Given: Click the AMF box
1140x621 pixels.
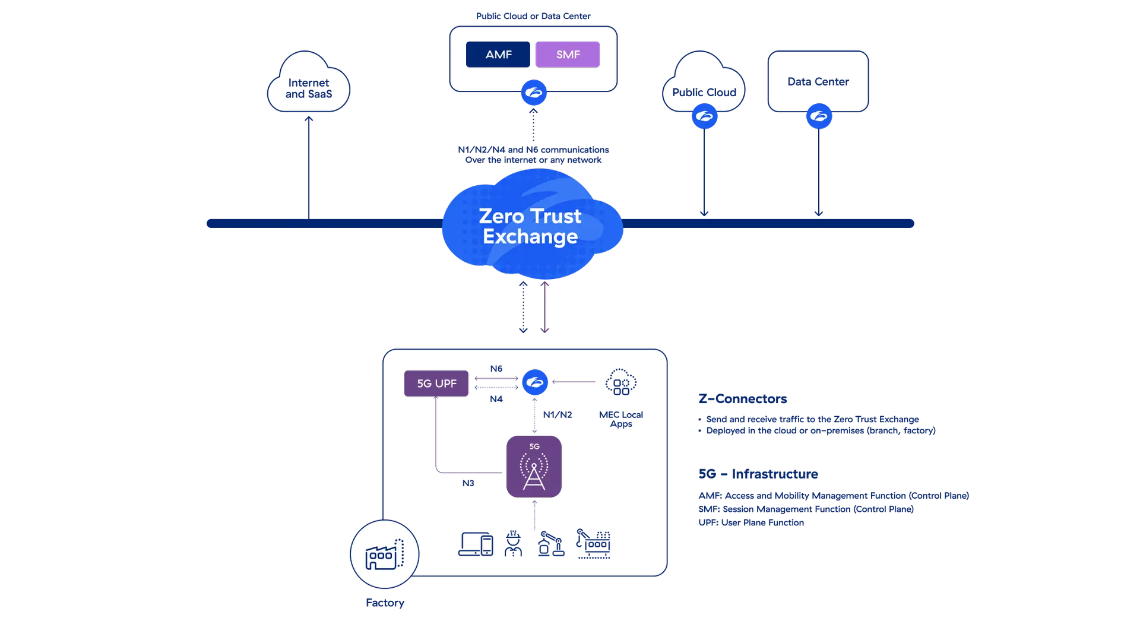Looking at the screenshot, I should (x=498, y=55).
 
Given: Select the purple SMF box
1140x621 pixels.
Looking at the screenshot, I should (x=568, y=55).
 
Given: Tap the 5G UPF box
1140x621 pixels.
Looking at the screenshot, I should (x=436, y=384).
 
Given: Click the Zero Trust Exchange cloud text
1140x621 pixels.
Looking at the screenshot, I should (x=530, y=226).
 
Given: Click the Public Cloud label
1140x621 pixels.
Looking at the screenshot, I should (x=704, y=92).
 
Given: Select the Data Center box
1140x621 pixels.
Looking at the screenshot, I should (x=818, y=81).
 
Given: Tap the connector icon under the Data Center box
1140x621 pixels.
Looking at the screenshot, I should (x=819, y=116).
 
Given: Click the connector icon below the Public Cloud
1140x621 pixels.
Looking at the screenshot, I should (x=704, y=116).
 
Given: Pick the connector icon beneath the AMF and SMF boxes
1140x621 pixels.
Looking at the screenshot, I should (x=533, y=93).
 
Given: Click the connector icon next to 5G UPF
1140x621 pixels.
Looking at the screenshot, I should (x=534, y=382).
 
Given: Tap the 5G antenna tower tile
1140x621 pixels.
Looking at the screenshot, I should (x=534, y=467).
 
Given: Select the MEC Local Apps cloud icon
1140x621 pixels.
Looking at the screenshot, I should (x=621, y=382).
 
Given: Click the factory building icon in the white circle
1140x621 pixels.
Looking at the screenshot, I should (x=384, y=555).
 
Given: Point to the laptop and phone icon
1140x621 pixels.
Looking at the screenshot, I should (x=476, y=543).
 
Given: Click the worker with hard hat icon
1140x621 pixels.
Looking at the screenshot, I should (x=513, y=543).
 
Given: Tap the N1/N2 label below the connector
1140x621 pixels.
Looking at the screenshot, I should (x=558, y=414).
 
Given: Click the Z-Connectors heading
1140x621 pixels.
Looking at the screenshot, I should (x=743, y=398).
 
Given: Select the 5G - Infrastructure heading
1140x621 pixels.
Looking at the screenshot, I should (x=758, y=474).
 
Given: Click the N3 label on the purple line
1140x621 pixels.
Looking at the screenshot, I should (x=468, y=483).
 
